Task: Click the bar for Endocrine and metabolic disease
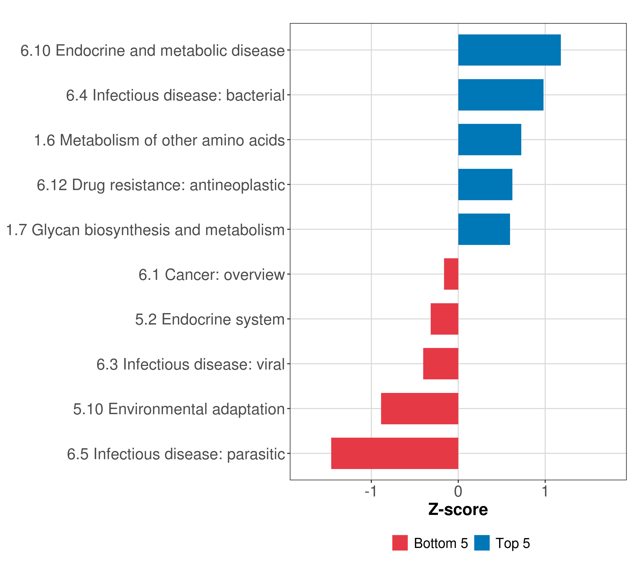click(x=509, y=50)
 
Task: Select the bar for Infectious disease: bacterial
click(x=501, y=95)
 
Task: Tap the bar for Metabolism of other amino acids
click(x=489, y=140)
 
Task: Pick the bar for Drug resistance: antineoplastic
click(x=485, y=185)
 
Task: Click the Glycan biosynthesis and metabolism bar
click(x=484, y=229)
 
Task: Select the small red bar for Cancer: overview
click(x=451, y=274)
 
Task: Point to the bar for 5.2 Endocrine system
click(x=444, y=319)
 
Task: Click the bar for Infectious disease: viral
click(x=441, y=364)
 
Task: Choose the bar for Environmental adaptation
click(x=420, y=409)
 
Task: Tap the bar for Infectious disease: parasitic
click(x=395, y=453)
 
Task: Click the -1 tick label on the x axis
click(x=371, y=491)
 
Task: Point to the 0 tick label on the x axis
click(x=458, y=491)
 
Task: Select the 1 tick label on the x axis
click(x=545, y=491)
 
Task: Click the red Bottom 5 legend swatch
click(x=400, y=543)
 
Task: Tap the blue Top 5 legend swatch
click(x=482, y=543)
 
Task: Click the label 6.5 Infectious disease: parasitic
click(x=176, y=454)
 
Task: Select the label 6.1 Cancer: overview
click(x=212, y=275)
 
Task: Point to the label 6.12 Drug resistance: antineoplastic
click(x=161, y=185)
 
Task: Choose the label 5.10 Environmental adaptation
click(x=179, y=409)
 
